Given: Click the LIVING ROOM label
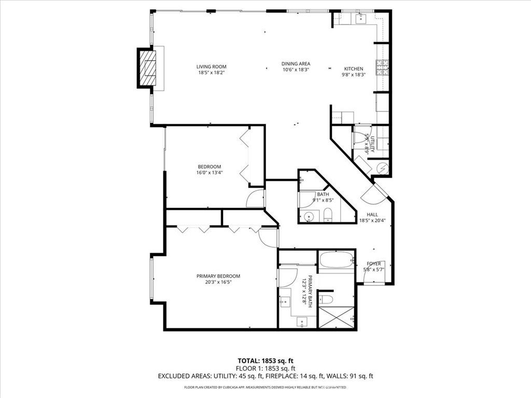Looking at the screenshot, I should (211, 66).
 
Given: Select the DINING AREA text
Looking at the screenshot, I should (296, 64).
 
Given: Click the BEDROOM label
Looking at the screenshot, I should (209, 166).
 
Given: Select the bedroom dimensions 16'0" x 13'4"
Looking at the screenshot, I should (209, 173).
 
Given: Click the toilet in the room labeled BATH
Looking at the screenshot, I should (328, 215).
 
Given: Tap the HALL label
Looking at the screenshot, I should (372, 215).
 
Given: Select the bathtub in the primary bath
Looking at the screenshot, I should (336, 260).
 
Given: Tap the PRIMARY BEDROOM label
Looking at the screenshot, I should (218, 276).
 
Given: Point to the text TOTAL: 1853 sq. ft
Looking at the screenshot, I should (265, 361).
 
